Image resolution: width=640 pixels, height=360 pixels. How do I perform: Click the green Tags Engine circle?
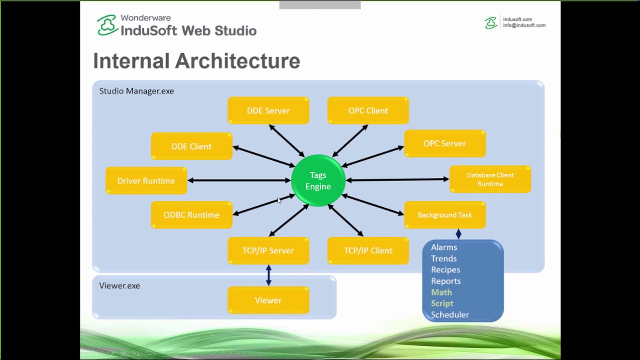coord(318,180)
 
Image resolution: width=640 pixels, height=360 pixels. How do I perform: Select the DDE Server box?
coord(268,110)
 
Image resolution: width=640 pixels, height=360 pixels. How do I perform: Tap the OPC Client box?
coord(368,110)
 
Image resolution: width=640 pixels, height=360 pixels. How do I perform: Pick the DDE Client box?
coord(191,146)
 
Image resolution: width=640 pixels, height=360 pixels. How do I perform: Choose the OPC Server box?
coord(444,143)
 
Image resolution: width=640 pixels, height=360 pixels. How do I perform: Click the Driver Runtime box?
coord(146,180)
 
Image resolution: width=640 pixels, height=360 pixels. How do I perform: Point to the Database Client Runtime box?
coord(490,179)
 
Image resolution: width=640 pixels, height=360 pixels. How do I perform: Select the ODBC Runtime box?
coord(191,215)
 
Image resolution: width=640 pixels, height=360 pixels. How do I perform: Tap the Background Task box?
coord(444,215)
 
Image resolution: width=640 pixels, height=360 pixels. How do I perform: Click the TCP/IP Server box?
coord(268,250)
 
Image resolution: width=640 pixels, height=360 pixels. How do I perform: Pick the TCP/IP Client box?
coord(368,250)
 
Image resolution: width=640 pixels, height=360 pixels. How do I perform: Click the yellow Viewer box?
coord(268,300)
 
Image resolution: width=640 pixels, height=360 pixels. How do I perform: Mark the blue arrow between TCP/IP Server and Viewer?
coord(268,275)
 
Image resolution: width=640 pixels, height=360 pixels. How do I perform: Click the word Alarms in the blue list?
coord(444,247)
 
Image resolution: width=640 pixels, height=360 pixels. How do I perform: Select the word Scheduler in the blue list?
coord(450,314)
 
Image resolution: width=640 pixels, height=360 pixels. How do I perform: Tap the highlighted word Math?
coord(441,292)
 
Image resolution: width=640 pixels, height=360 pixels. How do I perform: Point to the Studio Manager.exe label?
coord(136,91)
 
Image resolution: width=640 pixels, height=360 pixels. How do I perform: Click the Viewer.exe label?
coord(119,285)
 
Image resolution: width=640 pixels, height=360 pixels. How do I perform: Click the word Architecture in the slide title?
coord(238,61)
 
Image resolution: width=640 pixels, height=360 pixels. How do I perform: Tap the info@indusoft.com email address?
coord(524,25)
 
